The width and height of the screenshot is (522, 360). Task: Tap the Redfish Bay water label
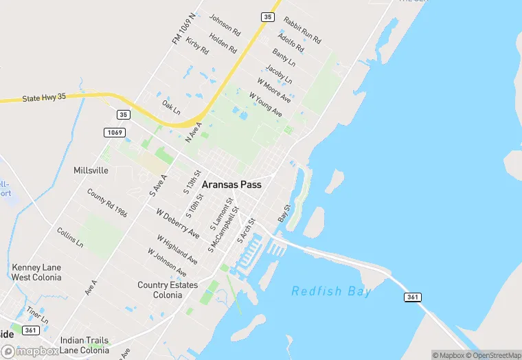click(x=331, y=291)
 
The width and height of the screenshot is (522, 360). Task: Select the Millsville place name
click(x=91, y=170)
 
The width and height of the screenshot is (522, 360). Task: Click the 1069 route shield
click(x=115, y=132)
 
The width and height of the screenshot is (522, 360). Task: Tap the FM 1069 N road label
click(x=184, y=28)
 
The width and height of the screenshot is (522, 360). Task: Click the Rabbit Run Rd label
click(x=302, y=31)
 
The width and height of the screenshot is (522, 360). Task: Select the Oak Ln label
click(x=171, y=109)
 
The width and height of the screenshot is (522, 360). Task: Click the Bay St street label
click(x=284, y=213)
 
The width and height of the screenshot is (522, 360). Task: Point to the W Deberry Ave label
click(x=178, y=224)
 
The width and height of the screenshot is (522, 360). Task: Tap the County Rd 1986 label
click(x=107, y=203)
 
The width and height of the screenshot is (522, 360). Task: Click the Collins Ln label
click(x=70, y=238)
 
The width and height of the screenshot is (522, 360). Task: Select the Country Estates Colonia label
click(x=168, y=290)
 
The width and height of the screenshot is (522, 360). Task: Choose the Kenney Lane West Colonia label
click(x=36, y=272)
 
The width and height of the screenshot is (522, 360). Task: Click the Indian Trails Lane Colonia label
click(x=84, y=345)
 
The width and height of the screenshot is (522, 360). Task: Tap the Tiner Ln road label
click(x=38, y=315)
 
